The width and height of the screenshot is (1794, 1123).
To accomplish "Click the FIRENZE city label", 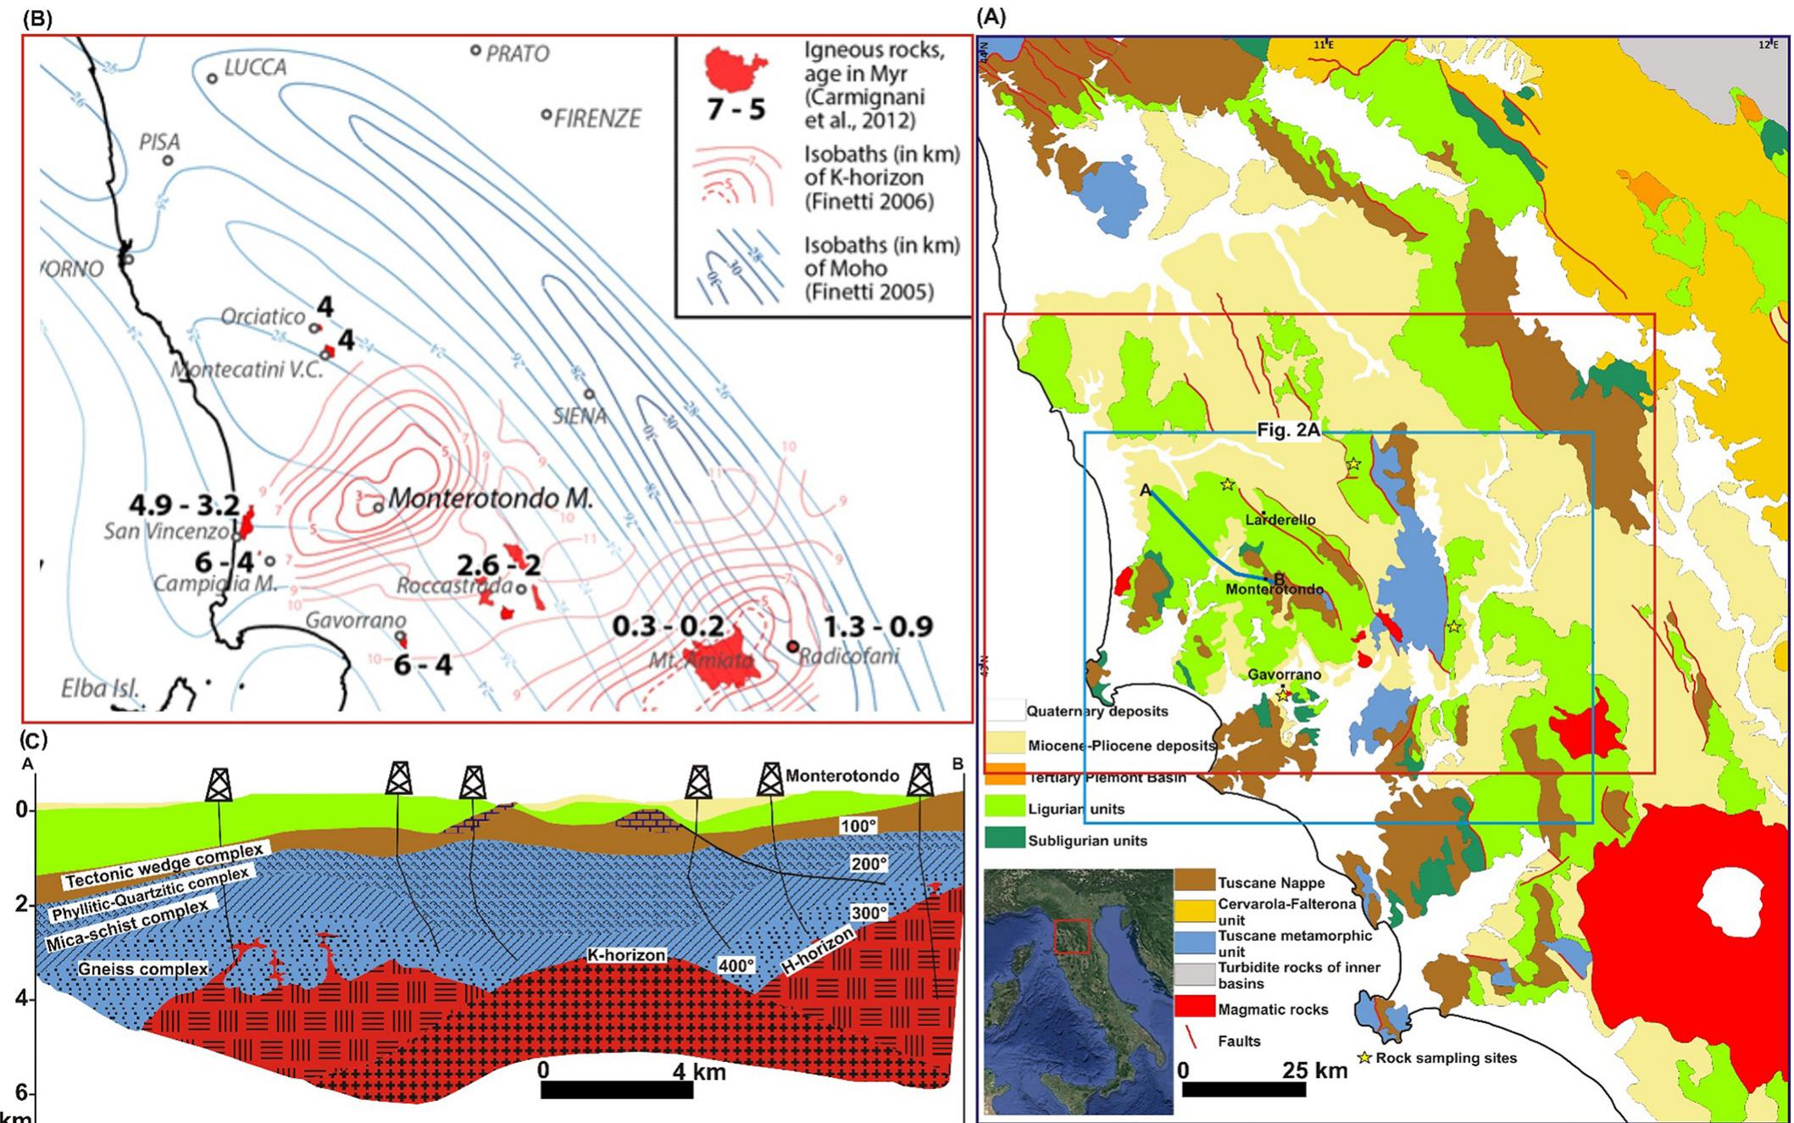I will [597, 118].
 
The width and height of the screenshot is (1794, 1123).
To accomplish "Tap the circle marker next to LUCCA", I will [213, 78].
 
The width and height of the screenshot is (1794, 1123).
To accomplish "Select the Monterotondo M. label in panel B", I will [490, 498].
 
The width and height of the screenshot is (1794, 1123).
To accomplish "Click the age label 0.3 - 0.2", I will [668, 626].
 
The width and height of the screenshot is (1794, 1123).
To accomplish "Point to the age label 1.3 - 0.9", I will [878, 626].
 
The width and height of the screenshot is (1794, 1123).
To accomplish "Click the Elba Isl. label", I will [100, 687].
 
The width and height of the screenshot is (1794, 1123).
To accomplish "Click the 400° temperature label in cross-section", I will [735, 965].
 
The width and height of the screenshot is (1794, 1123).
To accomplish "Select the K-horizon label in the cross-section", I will [626, 955].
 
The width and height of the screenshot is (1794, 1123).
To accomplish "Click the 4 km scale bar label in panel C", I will [699, 1071].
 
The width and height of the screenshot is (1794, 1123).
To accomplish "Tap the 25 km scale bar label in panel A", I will [1314, 1070].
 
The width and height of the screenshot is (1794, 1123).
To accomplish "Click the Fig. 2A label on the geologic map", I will [1288, 431].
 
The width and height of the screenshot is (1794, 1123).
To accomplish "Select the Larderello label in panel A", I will [1280, 520].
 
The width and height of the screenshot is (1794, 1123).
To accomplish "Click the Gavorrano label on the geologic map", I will [1284, 675].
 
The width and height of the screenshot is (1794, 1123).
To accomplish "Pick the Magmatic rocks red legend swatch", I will [1194, 1009].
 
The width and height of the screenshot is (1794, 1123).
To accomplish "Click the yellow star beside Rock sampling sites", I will [1364, 1058].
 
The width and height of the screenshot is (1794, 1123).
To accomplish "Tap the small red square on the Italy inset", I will [1072, 937].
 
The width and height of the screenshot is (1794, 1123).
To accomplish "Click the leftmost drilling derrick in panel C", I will [219, 785].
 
